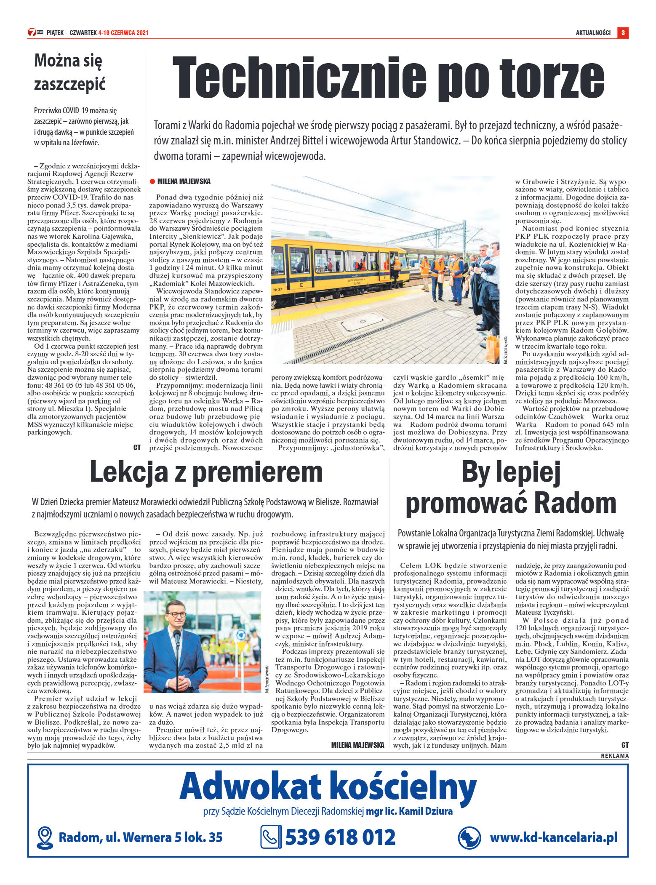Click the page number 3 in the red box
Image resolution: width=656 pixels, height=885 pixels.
click(x=623, y=32)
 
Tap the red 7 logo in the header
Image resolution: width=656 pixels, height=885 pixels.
click(x=32, y=32)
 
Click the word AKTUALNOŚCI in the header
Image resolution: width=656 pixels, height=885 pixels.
click(x=593, y=33)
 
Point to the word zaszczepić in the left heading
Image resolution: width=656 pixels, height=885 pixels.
click(x=69, y=84)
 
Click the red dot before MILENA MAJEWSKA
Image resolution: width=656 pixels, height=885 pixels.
click(x=152, y=181)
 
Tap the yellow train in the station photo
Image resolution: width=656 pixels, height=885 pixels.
click(x=337, y=269)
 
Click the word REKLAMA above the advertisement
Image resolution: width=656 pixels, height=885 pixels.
click(x=614, y=756)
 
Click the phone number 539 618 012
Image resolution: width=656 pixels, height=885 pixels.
click(x=340, y=837)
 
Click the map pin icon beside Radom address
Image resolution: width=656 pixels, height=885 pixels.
click(x=45, y=837)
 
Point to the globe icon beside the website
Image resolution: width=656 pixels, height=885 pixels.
click(x=469, y=837)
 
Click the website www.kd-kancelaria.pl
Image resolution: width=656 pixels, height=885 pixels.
click(x=553, y=837)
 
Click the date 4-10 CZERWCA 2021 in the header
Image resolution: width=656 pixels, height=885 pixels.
click(x=123, y=33)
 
